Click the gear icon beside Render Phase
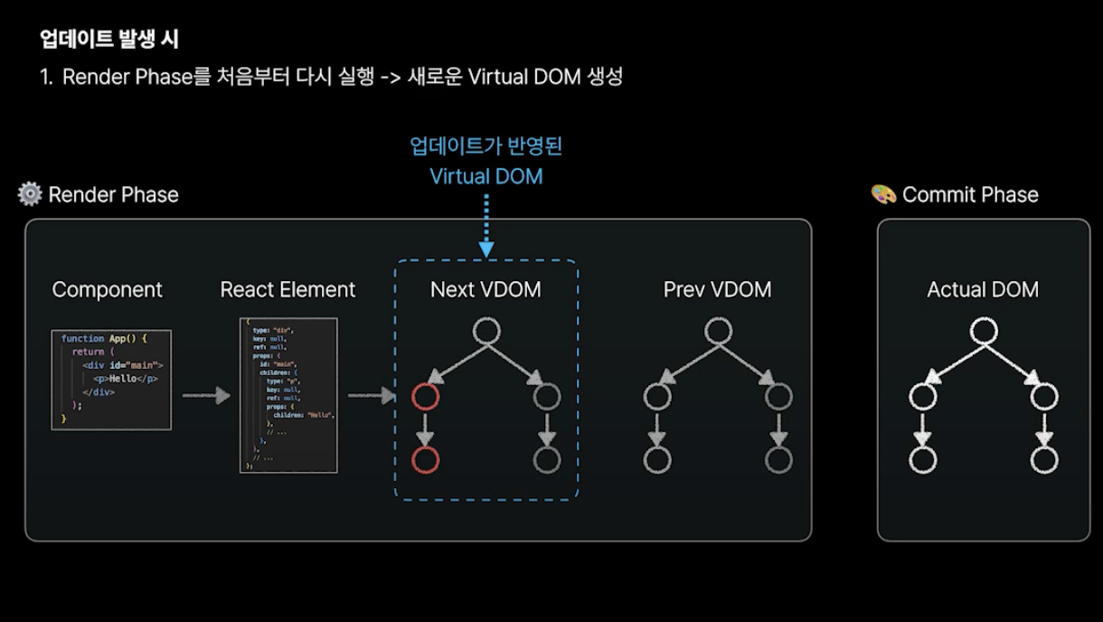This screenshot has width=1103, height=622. coord(30,194)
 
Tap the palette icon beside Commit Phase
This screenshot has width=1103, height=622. coord(883,194)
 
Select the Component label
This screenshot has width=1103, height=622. coord(108,289)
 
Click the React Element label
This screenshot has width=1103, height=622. coord(288,289)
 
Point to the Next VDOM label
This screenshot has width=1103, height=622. coord(486,289)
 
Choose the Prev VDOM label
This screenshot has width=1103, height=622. coord(717,289)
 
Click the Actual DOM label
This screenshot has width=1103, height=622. coord(983,289)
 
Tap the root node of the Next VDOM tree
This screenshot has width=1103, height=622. coord(486,331)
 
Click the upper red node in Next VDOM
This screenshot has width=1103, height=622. coord(425,396)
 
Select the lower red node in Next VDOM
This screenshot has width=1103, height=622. coord(425,459)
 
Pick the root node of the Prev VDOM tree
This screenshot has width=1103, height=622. coord(718,331)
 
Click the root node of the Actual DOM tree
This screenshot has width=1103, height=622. coord(983,331)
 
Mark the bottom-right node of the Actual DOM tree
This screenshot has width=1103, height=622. coord(1044,459)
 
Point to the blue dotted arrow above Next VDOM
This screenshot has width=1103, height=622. coord(486,226)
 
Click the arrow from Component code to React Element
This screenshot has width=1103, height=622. coord(206,395)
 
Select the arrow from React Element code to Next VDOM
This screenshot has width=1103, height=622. coord(372,395)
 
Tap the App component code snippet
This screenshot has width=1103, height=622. coord(111,378)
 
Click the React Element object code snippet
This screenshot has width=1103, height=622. coord(288,395)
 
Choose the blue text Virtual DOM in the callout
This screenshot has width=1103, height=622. coord(486,176)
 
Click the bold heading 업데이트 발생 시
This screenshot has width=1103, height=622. coord(109,39)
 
